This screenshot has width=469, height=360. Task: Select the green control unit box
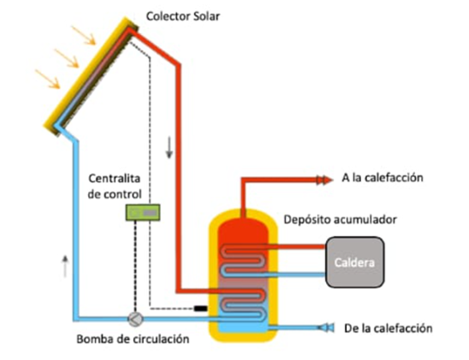(143, 212)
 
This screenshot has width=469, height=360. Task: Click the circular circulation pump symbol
(135, 318)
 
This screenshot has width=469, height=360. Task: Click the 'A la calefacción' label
(383, 178)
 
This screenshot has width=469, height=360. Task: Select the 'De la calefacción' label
(389, 328)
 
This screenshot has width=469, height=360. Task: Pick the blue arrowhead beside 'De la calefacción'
(328, 327)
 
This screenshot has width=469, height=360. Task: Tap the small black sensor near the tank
(199, 310)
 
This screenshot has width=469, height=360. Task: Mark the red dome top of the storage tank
(243, 224)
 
